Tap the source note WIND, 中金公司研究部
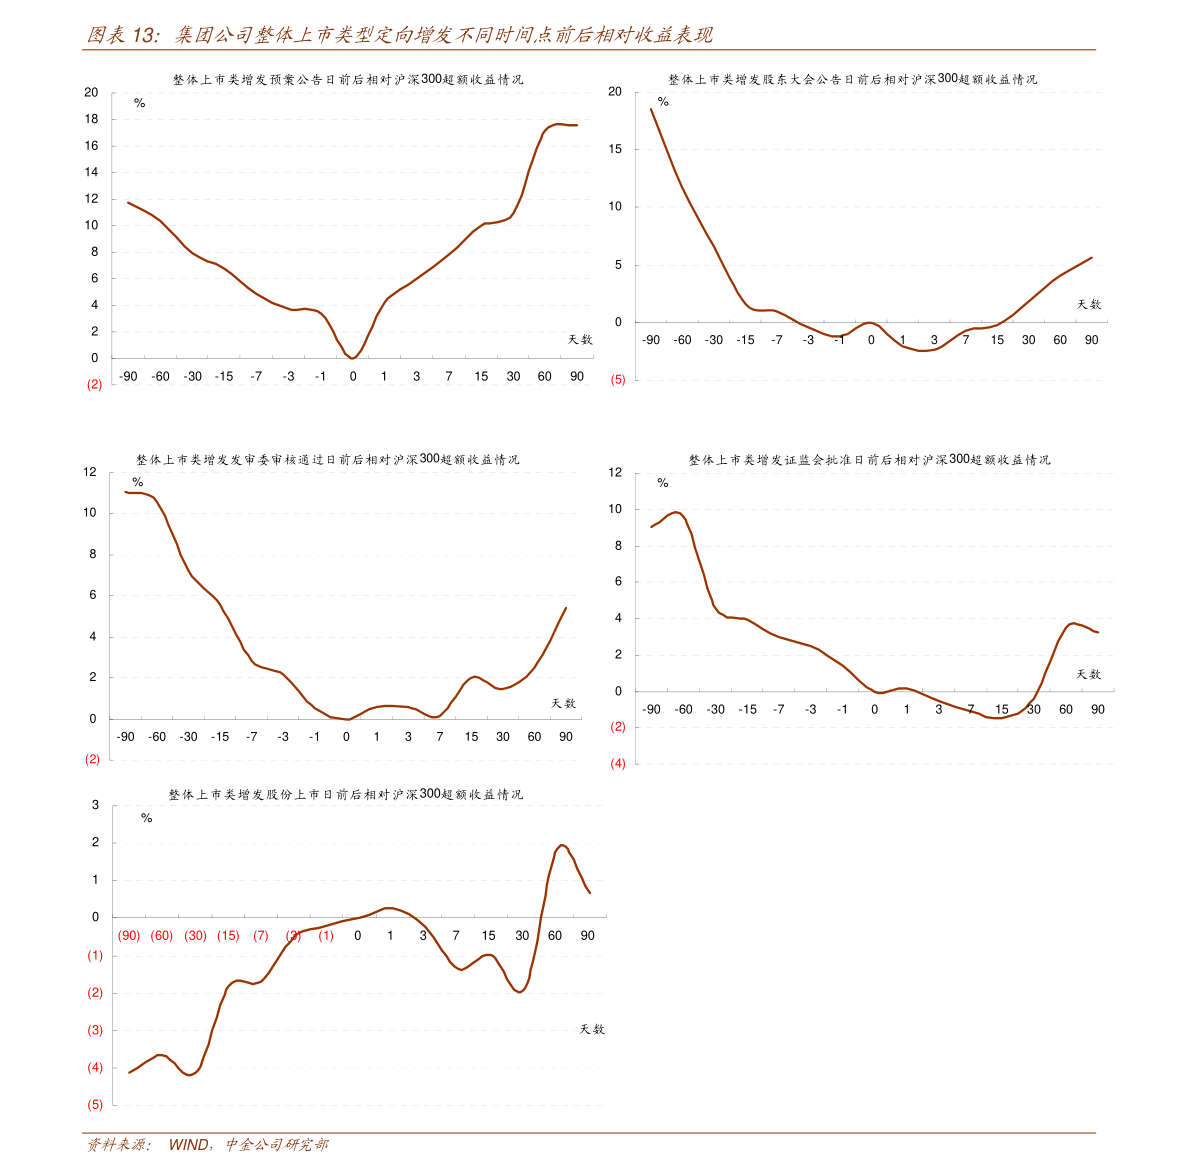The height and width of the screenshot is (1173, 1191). coord(248,1145)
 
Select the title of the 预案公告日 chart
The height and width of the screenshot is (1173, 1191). coord(347,79)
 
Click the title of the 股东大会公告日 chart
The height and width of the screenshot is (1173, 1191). coord(852,79)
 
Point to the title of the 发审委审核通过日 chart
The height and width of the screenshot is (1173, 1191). coord(327,460)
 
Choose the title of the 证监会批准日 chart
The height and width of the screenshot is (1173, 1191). coord(869,460)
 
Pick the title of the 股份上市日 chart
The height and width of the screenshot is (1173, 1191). coord(345,795)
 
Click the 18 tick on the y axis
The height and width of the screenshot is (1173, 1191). coord(92,119)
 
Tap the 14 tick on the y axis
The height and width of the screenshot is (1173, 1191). coord(92,172)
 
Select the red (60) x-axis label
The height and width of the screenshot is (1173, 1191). coord(161,936)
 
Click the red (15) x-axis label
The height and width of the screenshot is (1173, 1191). coord(228,936)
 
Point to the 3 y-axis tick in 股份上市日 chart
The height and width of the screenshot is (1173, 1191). coord(96,805)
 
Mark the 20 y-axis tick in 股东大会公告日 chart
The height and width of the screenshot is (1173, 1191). coord(615,92)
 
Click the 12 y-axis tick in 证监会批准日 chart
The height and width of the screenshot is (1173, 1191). coord(615,472)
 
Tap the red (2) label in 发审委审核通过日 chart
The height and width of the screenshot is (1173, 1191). coord(93,759)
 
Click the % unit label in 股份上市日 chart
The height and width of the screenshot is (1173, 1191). coord(147,818)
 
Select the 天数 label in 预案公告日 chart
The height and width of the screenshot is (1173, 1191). coord(580,340)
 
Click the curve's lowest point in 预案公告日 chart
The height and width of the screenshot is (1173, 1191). coord(353,358)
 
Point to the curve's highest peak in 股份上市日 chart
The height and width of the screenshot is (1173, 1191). coord(562,845)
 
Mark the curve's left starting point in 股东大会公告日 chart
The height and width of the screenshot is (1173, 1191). coord(651,108)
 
